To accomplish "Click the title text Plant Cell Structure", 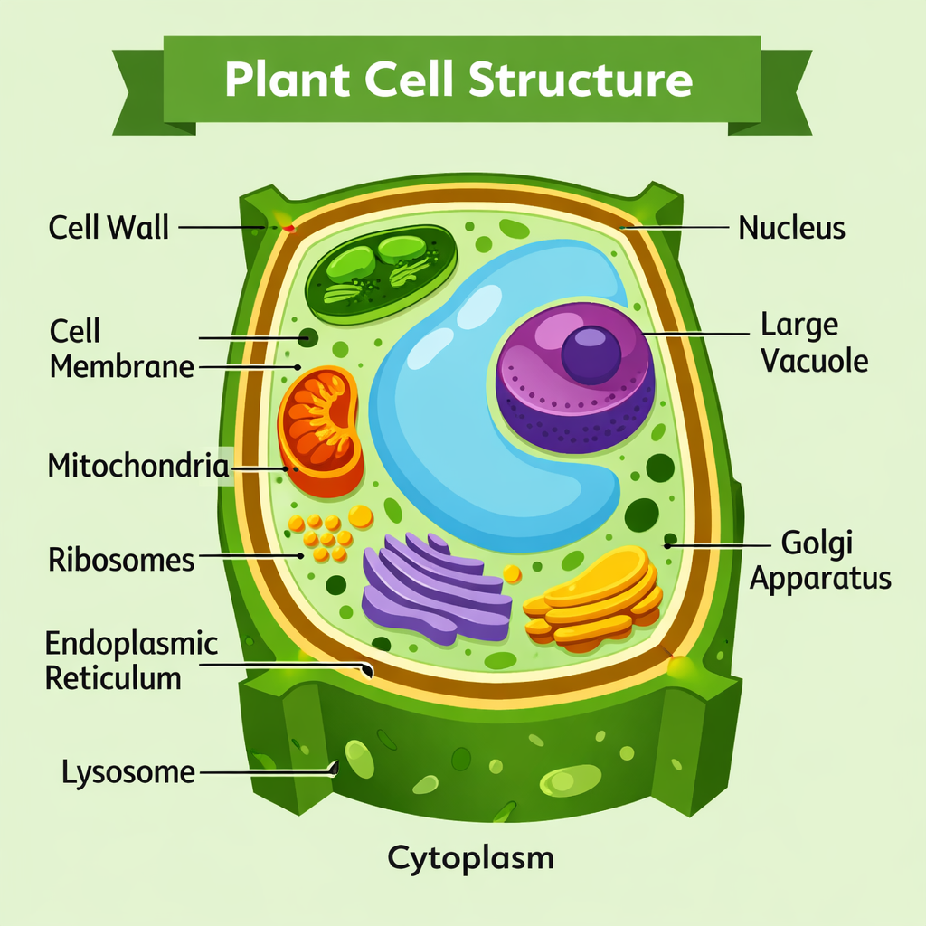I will (x=458, y=80).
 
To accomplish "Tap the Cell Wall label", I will (x=109, y=226).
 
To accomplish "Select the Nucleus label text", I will (x=791, y=227).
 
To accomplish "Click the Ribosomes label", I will (x=120, y=560).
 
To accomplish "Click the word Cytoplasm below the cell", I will (x=470, y=856).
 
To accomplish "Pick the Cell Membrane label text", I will (x=121, y=349).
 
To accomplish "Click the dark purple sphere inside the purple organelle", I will (x=591, y=354).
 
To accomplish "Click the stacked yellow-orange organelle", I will (x=592, y=597).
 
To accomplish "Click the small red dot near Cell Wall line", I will (x=289, y=229).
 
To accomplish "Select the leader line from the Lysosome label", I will (x=262, y=772).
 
